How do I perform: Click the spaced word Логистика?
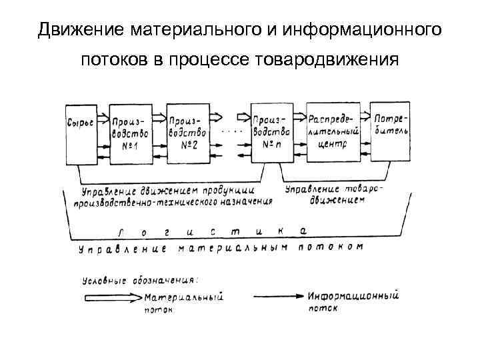pos(213,231)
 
